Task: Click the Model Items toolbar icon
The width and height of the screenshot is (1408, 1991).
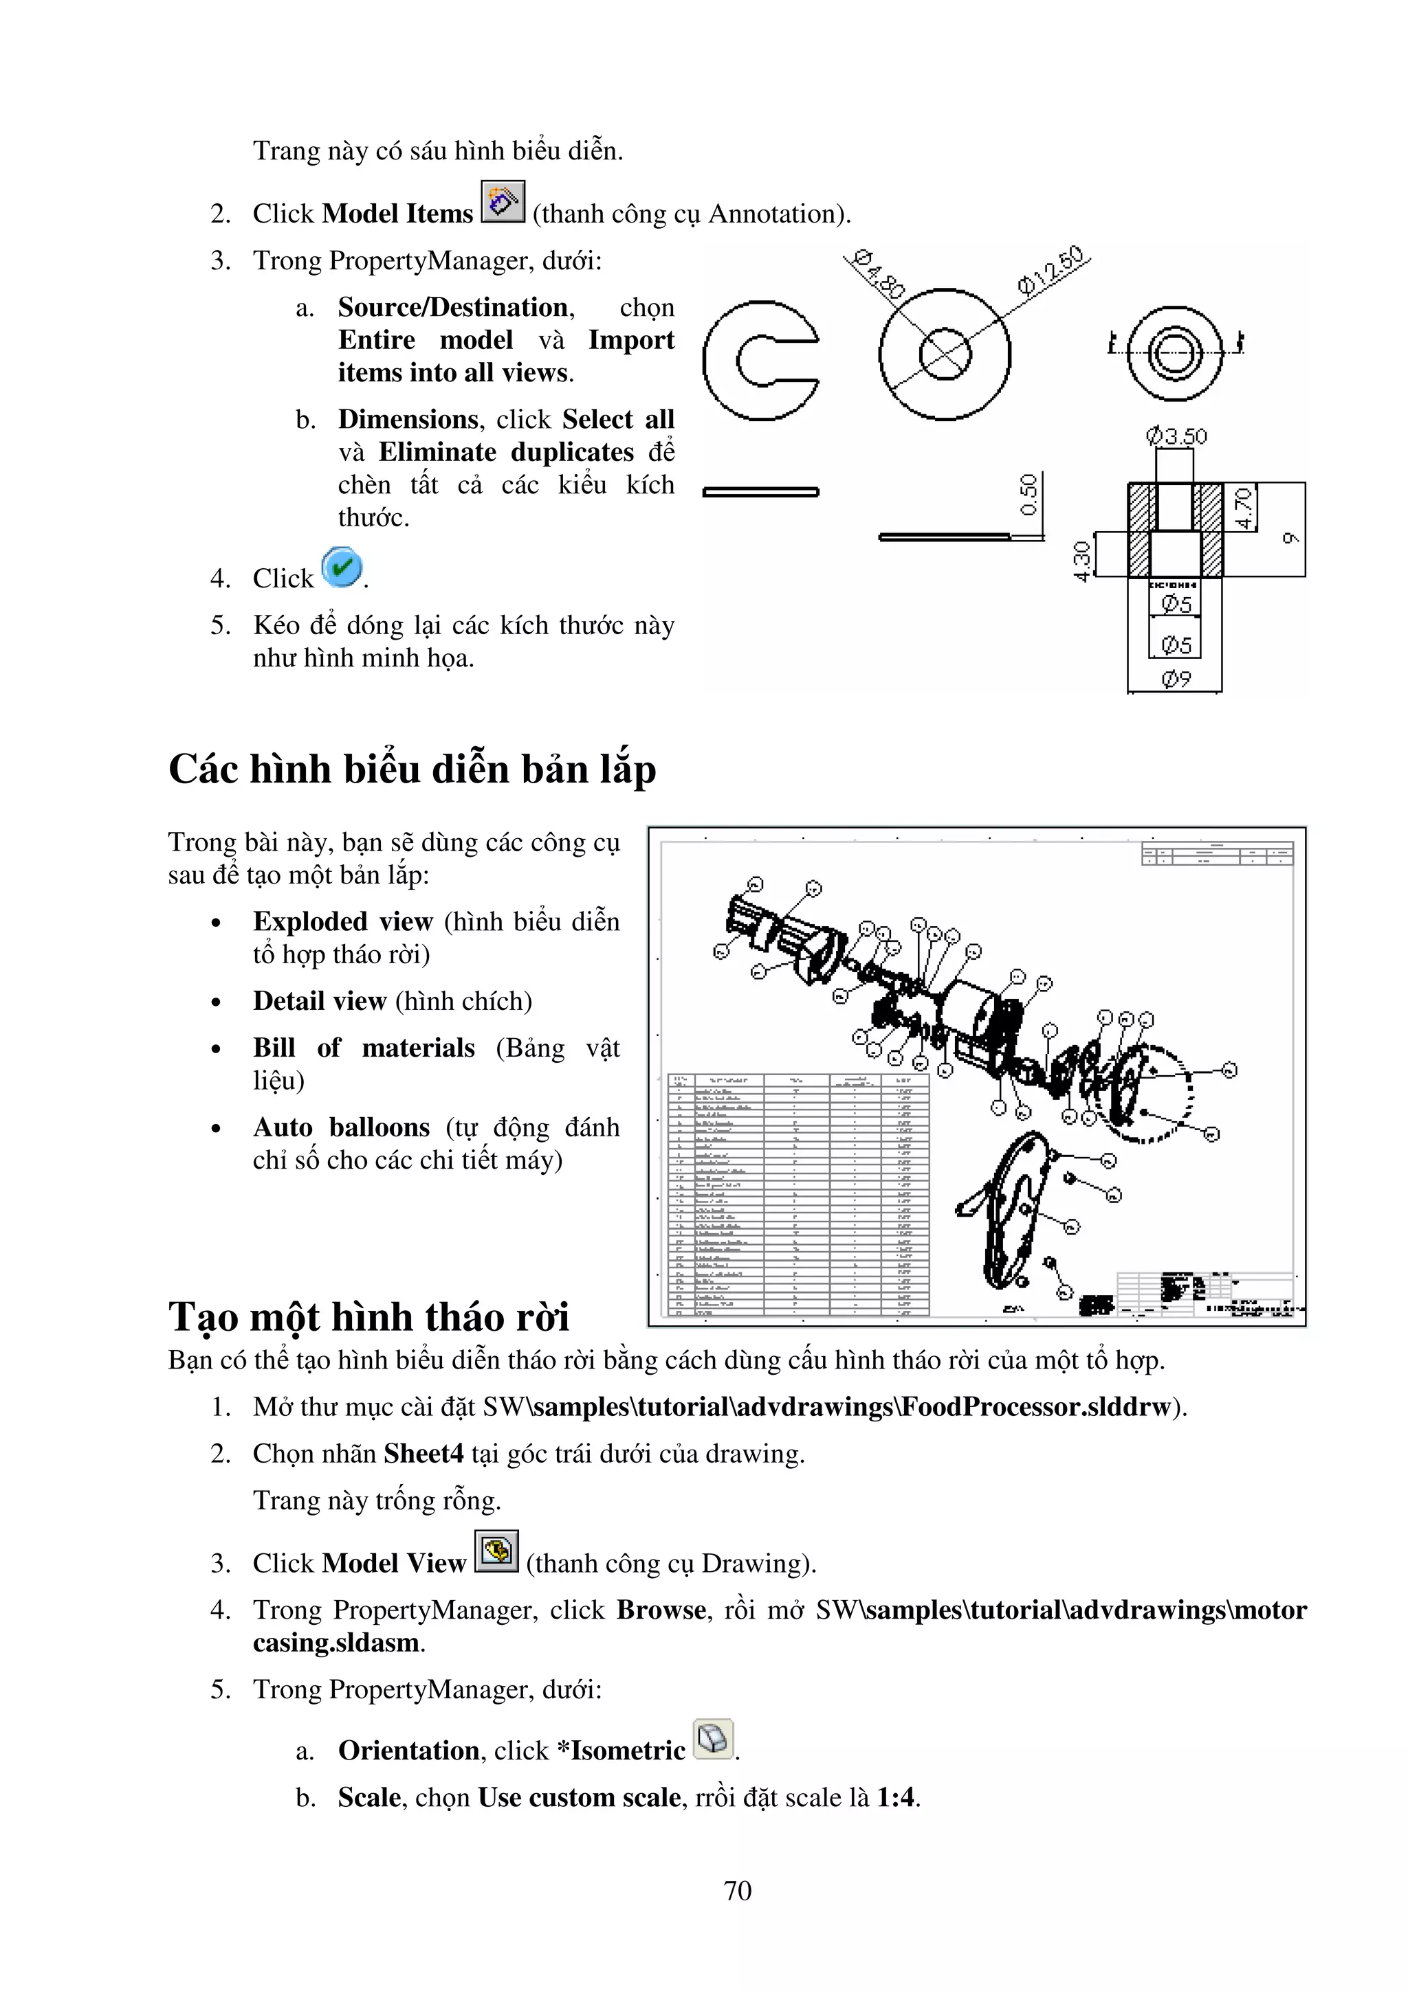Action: coord(503,202)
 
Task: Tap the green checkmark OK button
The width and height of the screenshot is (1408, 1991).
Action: coord(342,568)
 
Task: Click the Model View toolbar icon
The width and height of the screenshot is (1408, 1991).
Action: coord(496,1551)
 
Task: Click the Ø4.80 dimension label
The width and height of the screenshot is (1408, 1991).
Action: coord(877,275)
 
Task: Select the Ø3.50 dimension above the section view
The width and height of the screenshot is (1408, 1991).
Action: coord(1176,436)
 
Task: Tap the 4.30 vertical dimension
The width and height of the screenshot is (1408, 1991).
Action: coord(1081,561)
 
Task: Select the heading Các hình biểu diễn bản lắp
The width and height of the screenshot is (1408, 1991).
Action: coord(412,769)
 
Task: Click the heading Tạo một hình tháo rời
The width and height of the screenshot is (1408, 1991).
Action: coord(368,1316)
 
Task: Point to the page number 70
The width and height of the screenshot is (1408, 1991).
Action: coord(738,1891)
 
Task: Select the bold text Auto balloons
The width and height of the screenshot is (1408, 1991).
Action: coord(341,1127)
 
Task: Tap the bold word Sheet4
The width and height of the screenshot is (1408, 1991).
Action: coord(423,1453)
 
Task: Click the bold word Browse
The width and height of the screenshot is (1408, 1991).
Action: coord(661,1610)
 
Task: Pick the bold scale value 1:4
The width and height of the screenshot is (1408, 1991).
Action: coord(895,1798)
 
